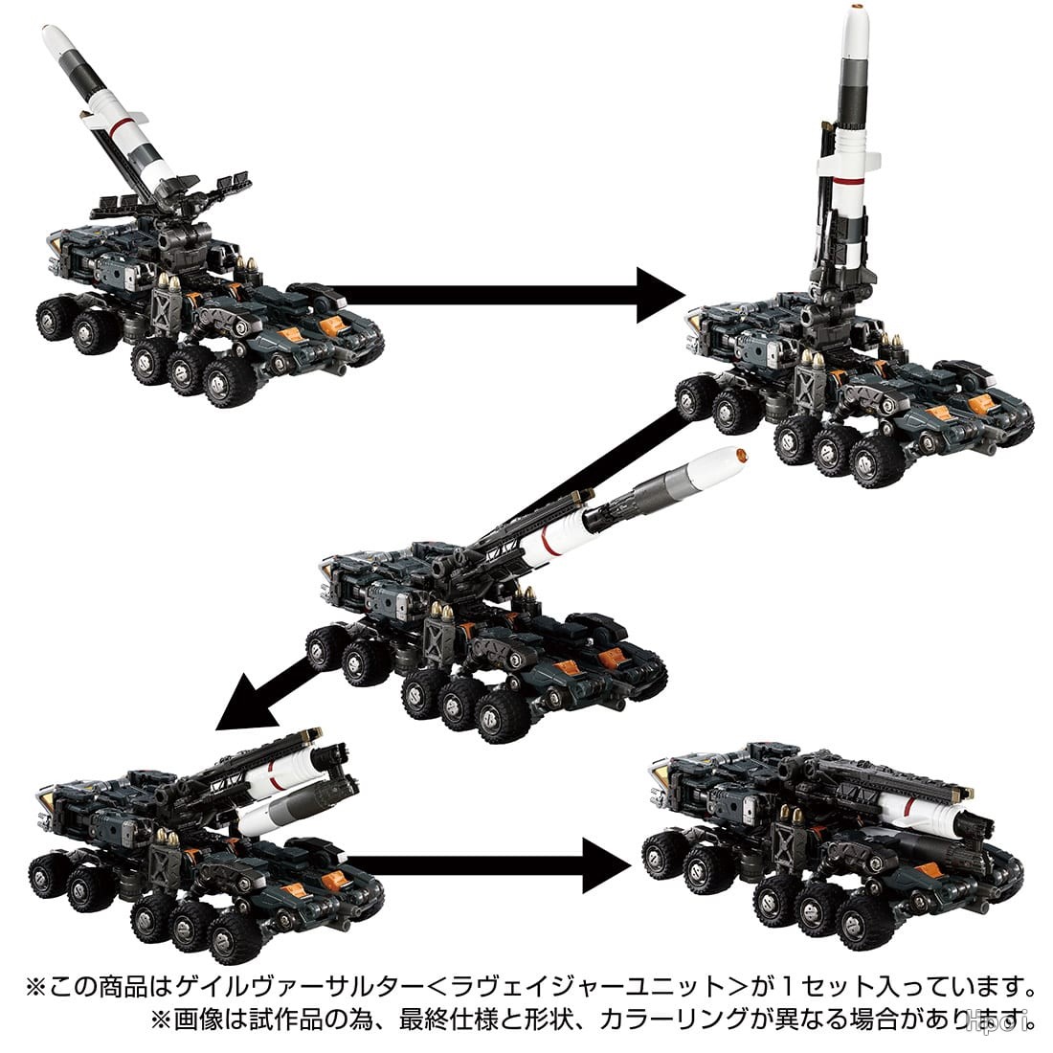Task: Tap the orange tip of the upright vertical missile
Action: pyautogui.click(x=856, y=8)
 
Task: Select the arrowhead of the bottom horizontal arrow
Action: pyautogui.click(x=607, y=865)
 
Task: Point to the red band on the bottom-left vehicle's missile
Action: pyautogui.click(x=270, y=775)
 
